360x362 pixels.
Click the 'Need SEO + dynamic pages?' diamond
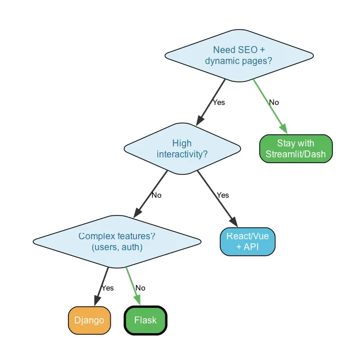tap(239, 55)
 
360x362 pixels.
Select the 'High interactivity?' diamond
tap(182, 149)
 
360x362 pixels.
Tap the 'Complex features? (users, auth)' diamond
tap(117, 242)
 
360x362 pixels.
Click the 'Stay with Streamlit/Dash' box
tap(295, 149)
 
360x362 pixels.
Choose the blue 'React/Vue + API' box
tap(248, 242)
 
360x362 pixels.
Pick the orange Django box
tap(89, 320)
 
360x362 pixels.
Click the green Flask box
tap(145, 320)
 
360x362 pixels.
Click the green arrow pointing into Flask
tap(133, 287)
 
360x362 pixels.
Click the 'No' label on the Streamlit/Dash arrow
tap(274, 102)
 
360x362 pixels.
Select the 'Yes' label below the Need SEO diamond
tap(219, 103)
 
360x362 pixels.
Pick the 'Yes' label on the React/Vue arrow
tap(223, 195)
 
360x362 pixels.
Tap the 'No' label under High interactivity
tap(156, 195)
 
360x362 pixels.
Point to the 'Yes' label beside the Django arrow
tap(108, 288)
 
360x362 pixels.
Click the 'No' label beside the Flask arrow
tap(140, 288)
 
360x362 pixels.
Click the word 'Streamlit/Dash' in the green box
tap(295, 154)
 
